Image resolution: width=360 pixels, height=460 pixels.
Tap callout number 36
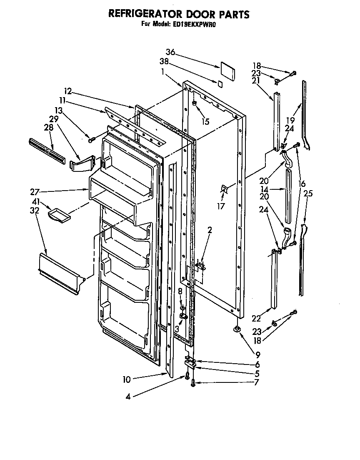[170, 53]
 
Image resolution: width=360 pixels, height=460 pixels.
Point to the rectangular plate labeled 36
[228, 70]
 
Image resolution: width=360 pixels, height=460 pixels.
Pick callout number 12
[68, 90]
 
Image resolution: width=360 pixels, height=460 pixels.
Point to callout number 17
[221, 206]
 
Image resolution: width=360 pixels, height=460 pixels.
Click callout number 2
[210, 231]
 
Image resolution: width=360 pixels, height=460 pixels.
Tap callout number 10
[127, 380]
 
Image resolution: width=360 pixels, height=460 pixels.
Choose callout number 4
[128, 397]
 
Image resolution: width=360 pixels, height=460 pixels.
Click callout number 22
[256, 319]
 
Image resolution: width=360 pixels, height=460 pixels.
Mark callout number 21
[256, 81]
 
